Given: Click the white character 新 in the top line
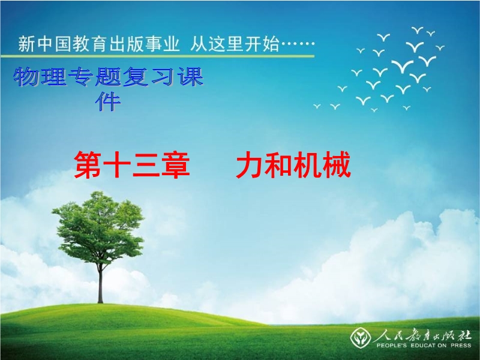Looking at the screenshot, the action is pyautogui.click(x=27, y=44).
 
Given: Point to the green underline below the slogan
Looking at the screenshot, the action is pyautogui.click(x=157, y=56).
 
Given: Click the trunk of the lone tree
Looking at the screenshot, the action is pyautogui.click(x=100, y=283).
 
